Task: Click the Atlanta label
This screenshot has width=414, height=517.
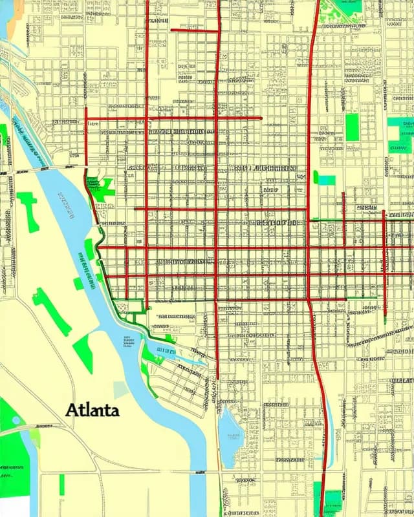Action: [92, 410]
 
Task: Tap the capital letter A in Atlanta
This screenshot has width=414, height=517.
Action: [72, 409]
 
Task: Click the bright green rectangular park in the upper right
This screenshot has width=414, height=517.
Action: [351, 127]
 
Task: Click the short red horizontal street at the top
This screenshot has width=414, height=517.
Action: [195, 30]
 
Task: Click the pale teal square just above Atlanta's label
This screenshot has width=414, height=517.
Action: [121, 390]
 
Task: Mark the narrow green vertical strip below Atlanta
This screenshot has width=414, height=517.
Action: [62, 485]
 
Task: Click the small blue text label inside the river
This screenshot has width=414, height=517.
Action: [127, 341]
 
